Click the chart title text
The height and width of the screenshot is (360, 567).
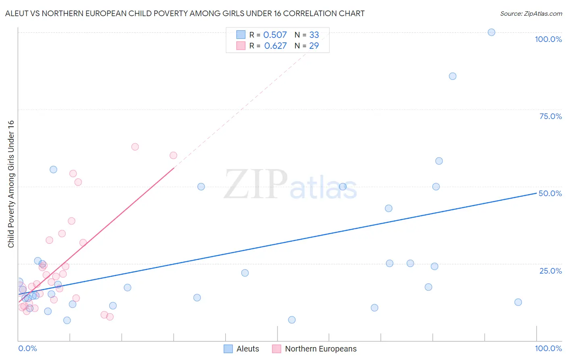185,14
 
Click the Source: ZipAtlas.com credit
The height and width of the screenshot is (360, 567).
531,14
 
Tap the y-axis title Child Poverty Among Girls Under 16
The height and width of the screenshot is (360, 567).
11,184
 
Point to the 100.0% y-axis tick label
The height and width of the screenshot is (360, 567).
548,39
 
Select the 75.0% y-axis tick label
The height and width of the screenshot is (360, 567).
550,116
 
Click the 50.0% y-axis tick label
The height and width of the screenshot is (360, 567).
550,193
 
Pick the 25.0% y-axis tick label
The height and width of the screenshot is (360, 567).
550,271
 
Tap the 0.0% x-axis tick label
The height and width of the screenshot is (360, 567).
27,348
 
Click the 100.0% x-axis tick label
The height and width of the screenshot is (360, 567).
548,348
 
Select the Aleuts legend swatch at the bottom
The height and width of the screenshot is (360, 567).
228,349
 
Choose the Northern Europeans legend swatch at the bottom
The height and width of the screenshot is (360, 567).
277,349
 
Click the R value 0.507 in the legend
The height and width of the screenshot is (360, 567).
275,35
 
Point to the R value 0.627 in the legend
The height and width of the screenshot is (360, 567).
275,46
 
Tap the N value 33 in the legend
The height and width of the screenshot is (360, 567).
314,35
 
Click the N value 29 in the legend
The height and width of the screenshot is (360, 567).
314,46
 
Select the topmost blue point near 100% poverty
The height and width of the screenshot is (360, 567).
491,32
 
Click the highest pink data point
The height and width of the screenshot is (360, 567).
135,147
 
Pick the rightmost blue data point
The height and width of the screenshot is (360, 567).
518,302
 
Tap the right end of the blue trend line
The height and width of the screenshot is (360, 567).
536,193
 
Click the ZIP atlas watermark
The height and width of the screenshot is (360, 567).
290,184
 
